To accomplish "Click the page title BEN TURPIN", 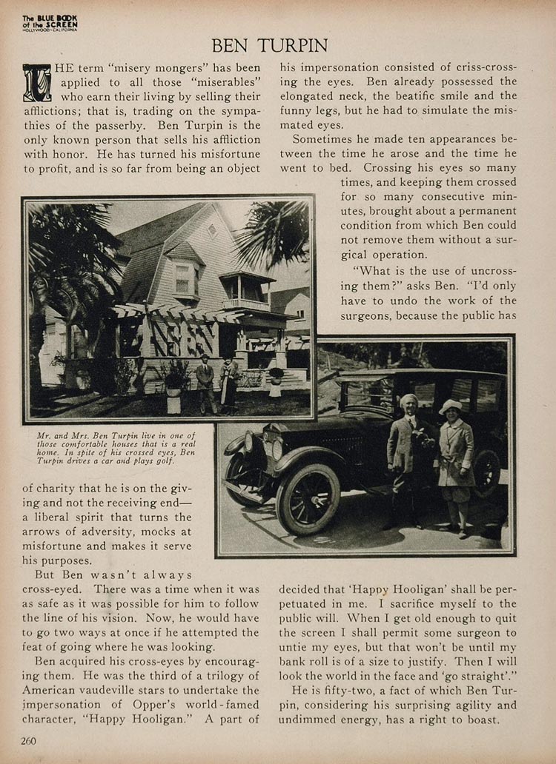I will [x=269, y=45].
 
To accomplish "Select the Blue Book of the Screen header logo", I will [x=50, y=23].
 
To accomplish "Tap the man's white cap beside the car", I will [x=409, y=400].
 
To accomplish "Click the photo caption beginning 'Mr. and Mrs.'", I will [x=116, y=447].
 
